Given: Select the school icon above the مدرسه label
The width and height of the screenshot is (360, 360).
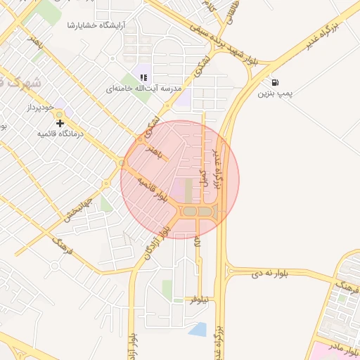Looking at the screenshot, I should point(143,77).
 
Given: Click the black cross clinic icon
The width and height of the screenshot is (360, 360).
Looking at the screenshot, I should point(60,123).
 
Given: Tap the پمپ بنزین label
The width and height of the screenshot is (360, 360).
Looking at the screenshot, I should point(274,93).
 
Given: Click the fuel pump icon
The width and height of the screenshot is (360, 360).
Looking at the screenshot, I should point(273,82).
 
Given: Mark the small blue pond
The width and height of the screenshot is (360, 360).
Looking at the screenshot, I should point(198,329).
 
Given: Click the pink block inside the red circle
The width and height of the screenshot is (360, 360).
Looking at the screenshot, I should point(189,191).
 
